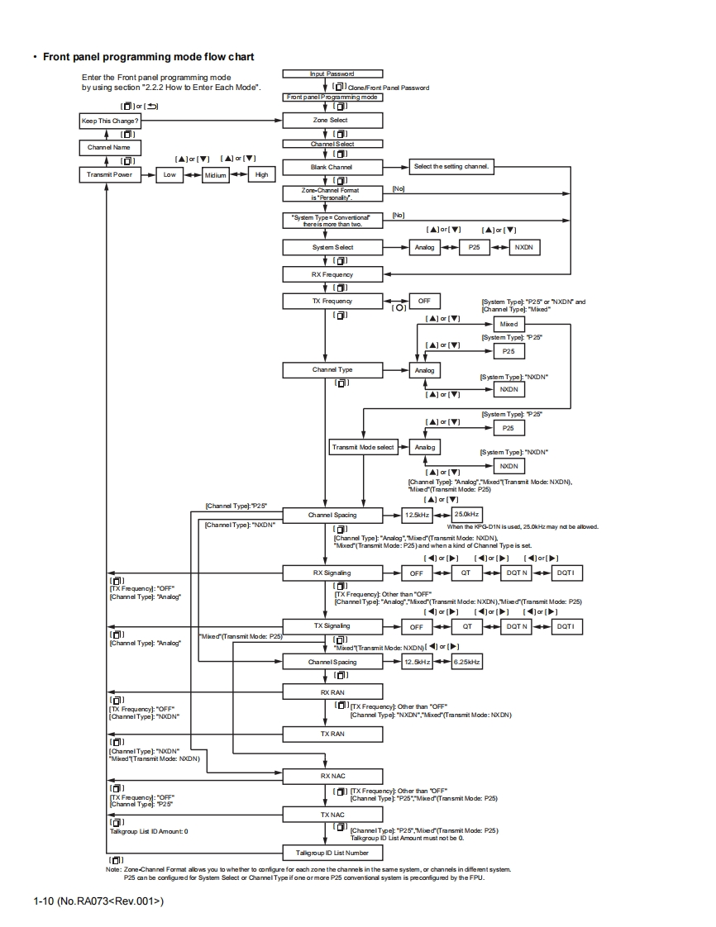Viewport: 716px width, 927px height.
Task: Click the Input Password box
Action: point(332,74)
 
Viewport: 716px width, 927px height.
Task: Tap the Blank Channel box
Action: point(332,167)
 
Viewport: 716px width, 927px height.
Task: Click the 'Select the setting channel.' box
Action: point(451,167)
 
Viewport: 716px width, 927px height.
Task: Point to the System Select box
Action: point(332,247)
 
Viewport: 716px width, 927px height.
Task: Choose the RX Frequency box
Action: point(332,273)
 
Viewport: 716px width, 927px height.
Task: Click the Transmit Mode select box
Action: point(363,447)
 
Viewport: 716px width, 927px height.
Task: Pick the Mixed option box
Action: point(509,324)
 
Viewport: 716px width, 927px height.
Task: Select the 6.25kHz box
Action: point(467,662)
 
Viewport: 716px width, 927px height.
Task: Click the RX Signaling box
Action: point(332,573)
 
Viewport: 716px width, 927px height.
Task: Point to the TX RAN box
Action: point(332,734)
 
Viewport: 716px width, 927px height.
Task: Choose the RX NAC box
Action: point(332,776)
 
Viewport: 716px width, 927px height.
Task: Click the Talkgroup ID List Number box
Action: point(332,851)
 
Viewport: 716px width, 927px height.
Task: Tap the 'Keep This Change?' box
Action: point(105,121)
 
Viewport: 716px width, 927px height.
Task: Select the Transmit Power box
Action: point(105,174)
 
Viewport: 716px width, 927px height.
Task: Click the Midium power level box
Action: point(215,175)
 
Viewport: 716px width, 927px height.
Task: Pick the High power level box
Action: point(261,175)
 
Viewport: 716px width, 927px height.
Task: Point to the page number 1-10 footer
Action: point(98,901)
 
